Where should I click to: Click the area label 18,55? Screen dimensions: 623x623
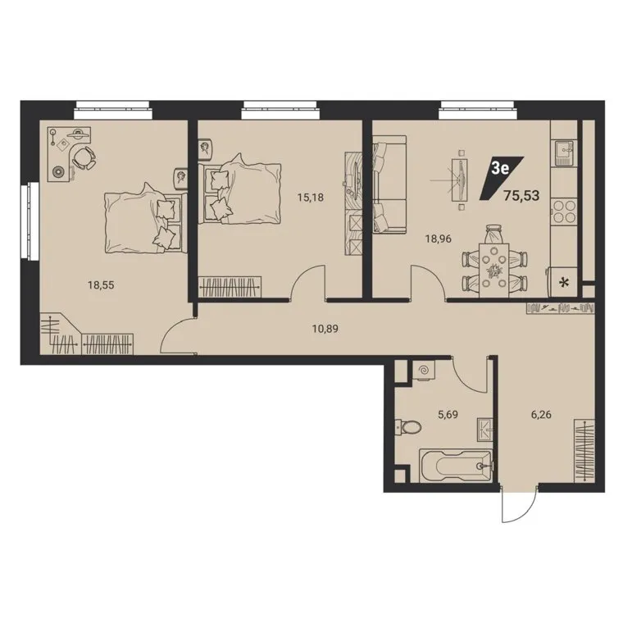[x=101, y=285]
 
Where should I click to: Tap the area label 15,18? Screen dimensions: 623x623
[x=311, y=197]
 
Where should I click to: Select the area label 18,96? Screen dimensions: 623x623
[x=439, y=239]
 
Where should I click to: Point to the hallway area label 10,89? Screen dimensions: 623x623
[x=325, y=329]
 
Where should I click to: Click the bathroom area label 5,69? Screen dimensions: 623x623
[x=448, y=415]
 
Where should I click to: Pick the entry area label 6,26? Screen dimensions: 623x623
[x=541, y=415]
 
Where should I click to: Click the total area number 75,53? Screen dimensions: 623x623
[x=521, y=195]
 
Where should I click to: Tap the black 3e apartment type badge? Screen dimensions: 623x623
[x=502, y=178]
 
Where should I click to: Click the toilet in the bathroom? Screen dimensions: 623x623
[x=408, y=428]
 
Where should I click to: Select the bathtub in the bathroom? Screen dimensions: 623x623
[x=456, y=466]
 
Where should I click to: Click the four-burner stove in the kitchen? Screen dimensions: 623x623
[x=564, y=211]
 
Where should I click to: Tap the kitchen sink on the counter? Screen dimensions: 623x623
[x=563, y=153]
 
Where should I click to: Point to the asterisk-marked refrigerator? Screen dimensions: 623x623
[x=562, y=282]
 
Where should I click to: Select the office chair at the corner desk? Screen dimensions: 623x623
[x=84, y=157]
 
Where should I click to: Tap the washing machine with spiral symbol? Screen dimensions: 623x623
[x=423, y=371]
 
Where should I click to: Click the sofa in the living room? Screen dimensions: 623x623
[x=389, y=184]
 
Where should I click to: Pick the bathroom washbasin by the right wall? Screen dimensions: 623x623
[x=484, y=429]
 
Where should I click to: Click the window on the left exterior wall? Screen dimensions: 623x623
[x=30, y=221]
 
